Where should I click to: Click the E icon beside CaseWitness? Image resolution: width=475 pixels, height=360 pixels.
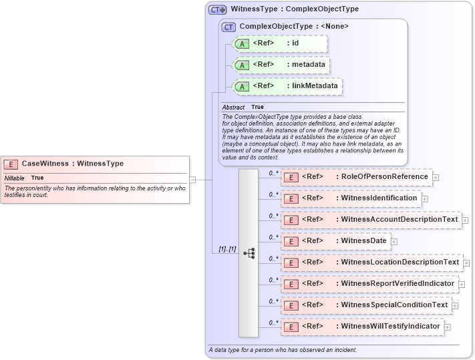[x=11, y=164]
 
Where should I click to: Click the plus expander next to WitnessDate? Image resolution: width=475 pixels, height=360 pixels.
[x=394, y=242]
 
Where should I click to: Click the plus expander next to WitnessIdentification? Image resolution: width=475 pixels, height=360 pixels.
[x=424, y=199]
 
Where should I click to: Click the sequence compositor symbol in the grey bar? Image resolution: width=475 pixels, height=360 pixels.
[x=249, y=253]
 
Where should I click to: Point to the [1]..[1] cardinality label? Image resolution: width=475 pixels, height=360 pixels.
[x=227, y=249]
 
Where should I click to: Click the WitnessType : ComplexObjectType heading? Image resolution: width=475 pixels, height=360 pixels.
[x=294, y=9]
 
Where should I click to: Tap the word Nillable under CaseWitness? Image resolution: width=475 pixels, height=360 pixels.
[x=15, y=178]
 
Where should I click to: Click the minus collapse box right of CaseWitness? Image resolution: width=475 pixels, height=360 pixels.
[x=192, y=179]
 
